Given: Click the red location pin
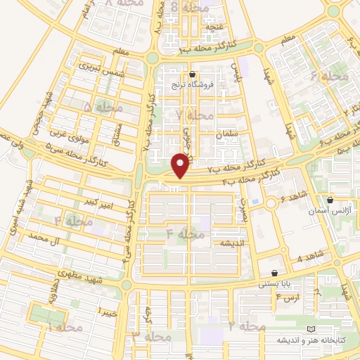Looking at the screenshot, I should pos(181,166).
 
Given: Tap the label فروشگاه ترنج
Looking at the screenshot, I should pos(192,84).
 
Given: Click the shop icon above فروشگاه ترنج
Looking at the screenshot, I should pos(192,73).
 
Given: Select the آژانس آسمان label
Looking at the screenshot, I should pos(330,210).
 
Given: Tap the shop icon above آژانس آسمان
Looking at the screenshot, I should pos(330,200).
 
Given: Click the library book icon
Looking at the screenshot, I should pos(311,329).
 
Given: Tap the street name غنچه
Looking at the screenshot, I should pos(212,27).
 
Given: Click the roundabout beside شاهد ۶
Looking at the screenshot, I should pos(271,204).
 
